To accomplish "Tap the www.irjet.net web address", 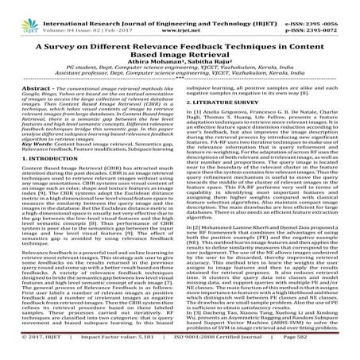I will [x=180, y=15].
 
